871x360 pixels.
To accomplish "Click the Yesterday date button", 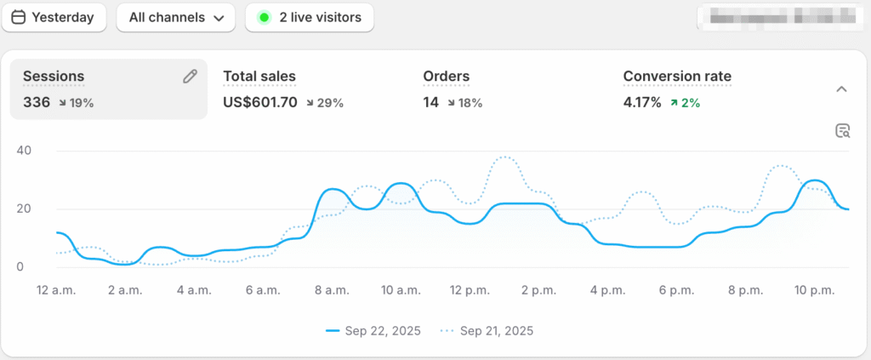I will tap(53, 17).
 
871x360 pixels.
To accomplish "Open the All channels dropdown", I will tap(175, 17).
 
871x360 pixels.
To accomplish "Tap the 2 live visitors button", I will tap(310, 17).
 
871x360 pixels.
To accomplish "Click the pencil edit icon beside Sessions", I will tap(190, 77).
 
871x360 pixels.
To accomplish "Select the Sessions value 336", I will tap(37, 103).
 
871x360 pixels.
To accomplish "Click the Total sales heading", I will tap(259, 77).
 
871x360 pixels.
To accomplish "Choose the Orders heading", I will tap(446, 77).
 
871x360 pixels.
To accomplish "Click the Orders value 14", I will tap(430, 103).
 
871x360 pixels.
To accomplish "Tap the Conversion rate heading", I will tap(677, 77).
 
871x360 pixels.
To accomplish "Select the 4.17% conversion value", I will tap(641, 103).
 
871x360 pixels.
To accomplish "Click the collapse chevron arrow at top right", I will tap(841, 89).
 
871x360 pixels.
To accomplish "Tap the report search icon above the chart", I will tap(842, 130).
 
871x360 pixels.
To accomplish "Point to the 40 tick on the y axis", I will tap(24, 151).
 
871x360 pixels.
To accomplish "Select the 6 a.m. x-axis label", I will tap(261, 290).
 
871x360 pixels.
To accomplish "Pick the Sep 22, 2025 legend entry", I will tap(375, 330).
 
